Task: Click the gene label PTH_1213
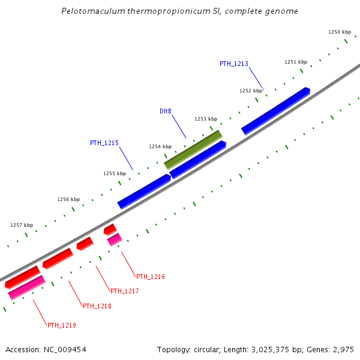pos(233,64)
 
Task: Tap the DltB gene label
pos(166,112)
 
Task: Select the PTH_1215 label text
pos(104,143)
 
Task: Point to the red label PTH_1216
pos(150,277)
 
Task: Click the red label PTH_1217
pos(124,291)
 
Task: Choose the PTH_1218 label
pos(97,306)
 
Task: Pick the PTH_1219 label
pos(61,325)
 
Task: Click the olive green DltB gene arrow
pos(193,149)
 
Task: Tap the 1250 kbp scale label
pos(339,32)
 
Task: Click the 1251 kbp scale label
pos(296,62)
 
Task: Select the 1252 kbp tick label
pos(251,91)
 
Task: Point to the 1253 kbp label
pos(206,119)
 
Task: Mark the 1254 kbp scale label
pos(160,146)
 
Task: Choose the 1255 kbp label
pos(115,173)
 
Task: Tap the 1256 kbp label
pos(68,199)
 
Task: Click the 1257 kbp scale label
pos(22,225)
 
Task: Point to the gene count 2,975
pos(344,349)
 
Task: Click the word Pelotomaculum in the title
pos(90,11)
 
